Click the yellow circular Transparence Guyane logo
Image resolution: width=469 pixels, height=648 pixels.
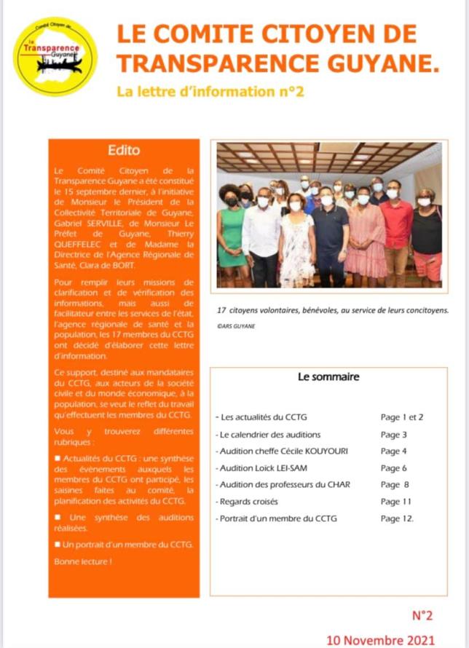[x=56, y=56]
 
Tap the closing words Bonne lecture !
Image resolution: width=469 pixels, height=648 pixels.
[x=83, y=562]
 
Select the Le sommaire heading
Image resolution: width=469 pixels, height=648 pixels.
[x=328, y=377]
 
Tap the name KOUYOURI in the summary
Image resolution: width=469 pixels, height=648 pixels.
[x=323, y=451]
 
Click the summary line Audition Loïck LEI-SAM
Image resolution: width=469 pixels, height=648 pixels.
[x=261, y=468]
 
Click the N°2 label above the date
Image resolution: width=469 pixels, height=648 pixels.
[x=422, y=615]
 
